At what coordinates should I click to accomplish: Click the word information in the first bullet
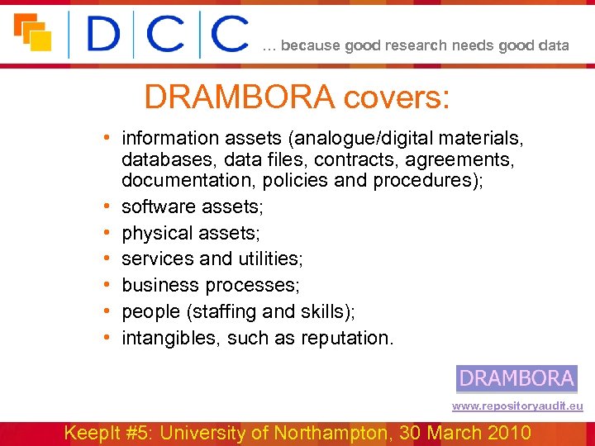point(170,138)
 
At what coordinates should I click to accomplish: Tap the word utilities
point(270,259)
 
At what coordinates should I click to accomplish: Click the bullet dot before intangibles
point(108,338)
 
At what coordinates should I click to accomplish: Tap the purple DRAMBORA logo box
point(516,378)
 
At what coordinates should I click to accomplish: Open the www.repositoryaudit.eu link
point(517,406)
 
